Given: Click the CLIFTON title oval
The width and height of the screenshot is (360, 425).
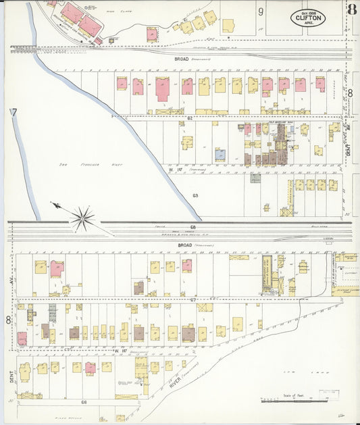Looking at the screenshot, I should (x=307, y=16).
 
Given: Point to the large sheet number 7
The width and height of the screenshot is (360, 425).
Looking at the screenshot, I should (x=13, y=113).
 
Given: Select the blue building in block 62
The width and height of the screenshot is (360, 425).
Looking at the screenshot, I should (x=220, y=154).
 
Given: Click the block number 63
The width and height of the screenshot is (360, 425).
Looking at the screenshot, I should (x=195, y=195).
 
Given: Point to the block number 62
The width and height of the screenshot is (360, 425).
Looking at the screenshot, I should (x=190, y=118).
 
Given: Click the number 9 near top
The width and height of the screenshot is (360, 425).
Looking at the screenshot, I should (x=260, y=11).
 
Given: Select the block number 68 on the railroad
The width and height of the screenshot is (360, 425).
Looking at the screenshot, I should (x=192, y=226).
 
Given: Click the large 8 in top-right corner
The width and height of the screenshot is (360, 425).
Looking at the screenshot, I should (x=351, y=9).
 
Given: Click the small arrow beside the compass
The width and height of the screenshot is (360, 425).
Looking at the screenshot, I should (x=57, y=205).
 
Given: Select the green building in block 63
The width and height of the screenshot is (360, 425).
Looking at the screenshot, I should (x=255, y=178).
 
